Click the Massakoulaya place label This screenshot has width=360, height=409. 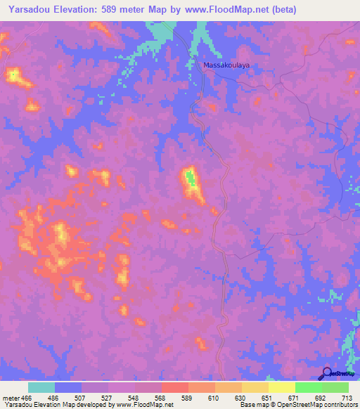[226, 65]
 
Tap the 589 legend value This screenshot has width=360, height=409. [186, 398]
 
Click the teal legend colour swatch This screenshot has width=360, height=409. [41, 387]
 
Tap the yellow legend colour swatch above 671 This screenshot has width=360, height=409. [282, 387]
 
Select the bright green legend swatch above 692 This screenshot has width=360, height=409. [309, 387]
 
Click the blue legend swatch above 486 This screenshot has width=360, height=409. [68, 387]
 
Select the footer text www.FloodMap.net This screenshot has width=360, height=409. [146, 405]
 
